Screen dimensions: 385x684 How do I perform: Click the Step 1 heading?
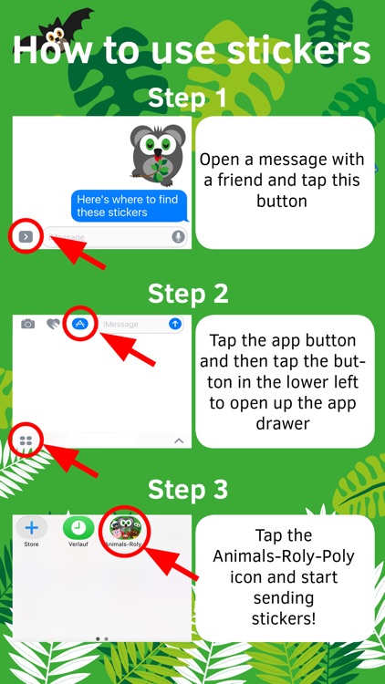[x=188, y=98]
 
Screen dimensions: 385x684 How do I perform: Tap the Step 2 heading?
[x=188, y=294]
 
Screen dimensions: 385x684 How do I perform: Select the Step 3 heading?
[x=188, y=490]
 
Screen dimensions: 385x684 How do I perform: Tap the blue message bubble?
[x=130, y=206]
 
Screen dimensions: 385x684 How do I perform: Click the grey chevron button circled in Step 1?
[x=26, y=236]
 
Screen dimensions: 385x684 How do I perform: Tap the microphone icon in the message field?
[x=178, y=236]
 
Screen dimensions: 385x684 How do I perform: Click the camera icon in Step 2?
[x=28, y=324]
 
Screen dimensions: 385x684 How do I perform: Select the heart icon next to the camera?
[x=53, y=324]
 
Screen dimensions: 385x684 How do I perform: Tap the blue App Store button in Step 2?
[x=80, y=323]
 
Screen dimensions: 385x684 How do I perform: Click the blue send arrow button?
[x=175, y=324]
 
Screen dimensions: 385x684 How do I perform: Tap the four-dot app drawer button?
[x=26, y=440]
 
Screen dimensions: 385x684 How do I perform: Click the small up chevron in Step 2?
[x=179, y=440]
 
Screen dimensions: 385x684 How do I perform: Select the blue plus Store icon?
[x=31, y=528]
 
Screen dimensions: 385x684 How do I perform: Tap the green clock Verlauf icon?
[x=78, y=528]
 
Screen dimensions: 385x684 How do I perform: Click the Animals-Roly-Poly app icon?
[x=126, y=528]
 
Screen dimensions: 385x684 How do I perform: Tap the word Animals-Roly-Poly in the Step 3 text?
[x=284, y=556]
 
